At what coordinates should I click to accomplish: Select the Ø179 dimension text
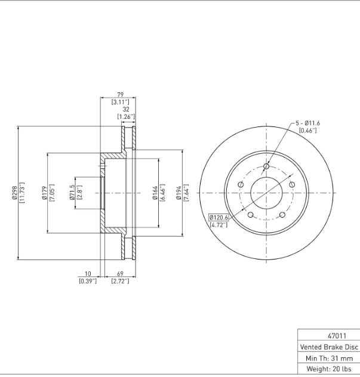click(x=44, y=193)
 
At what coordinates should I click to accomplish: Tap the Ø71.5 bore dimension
click(x=72, y=193)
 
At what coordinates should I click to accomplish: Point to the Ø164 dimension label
click(x=155, y=193)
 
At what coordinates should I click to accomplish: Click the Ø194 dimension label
click(x=179, y=193)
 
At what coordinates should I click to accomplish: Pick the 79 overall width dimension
click(x=120, y=94)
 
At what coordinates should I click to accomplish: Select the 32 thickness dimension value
click(x=126, y=109)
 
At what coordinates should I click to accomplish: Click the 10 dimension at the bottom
click(x=88, y=274)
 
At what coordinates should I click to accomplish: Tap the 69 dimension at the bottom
click(x=120, y=274)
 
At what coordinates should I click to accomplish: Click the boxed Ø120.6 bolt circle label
click(x=219, y=218)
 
